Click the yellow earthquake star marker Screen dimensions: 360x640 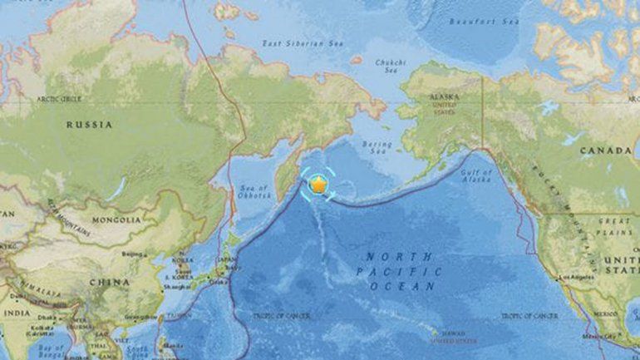click(x=318, y=184)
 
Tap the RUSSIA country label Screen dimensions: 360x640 click(x=89, y=125)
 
